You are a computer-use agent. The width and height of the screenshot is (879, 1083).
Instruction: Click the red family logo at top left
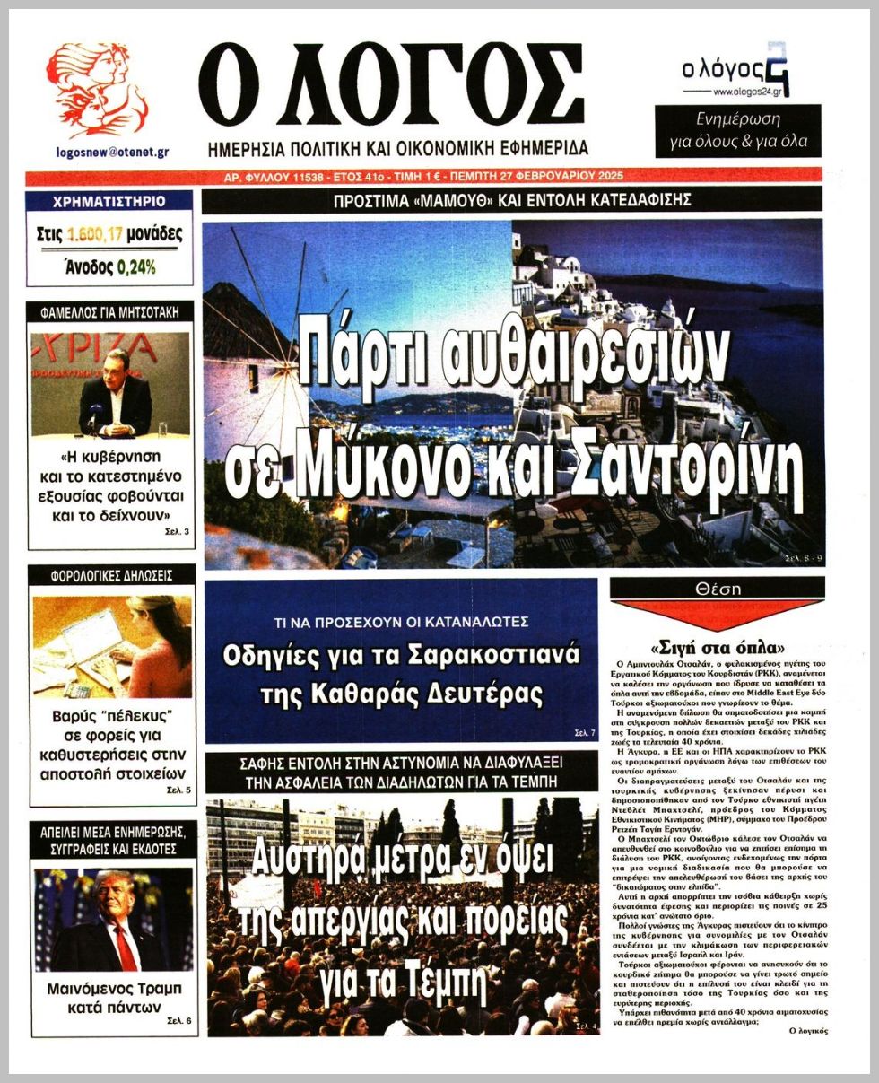97,90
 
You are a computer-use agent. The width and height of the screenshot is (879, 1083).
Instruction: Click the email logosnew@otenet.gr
112,152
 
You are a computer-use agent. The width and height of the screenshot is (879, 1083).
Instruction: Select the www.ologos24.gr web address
752,92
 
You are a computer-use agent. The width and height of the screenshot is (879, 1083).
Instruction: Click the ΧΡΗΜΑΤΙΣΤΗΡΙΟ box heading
109,201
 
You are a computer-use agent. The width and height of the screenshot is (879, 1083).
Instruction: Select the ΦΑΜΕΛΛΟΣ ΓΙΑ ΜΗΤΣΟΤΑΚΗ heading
110,313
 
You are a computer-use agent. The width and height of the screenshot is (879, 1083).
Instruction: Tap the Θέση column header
718,589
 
